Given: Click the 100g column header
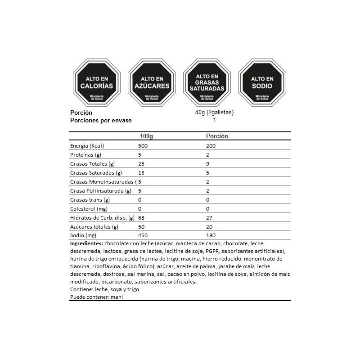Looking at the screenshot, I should pos(147,136).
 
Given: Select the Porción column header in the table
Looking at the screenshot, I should pos(217,136).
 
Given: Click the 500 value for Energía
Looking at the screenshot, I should pos(143,146).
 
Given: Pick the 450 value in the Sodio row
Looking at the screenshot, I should pos(143,235).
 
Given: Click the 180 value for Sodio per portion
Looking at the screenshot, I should pos(211,235).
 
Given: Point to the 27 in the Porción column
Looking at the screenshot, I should pos(209,218).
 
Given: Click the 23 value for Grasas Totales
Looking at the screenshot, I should pos(142,164).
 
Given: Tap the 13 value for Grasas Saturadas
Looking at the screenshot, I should pos(142,173).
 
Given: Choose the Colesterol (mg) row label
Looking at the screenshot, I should pos(88,209).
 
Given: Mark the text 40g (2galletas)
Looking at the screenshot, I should pos(214,112).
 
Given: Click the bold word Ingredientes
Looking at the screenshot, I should pos(86,243).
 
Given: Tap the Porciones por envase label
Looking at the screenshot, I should pos(101,120).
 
